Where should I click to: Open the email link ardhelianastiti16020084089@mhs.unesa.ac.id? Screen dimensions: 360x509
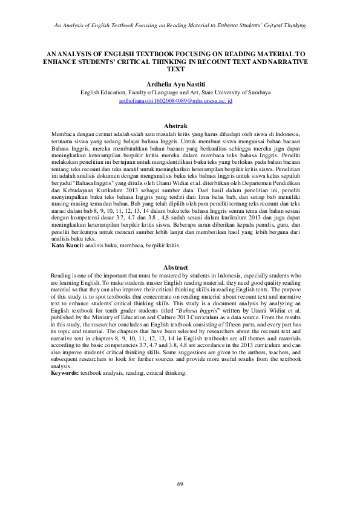click(x=180, y=102)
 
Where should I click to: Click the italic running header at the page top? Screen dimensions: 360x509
click(x=180, y=25)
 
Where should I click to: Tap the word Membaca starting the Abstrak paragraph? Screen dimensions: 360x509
click(x=64, y=133)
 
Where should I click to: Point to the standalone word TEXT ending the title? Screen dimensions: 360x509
click(x=180, y=70)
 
